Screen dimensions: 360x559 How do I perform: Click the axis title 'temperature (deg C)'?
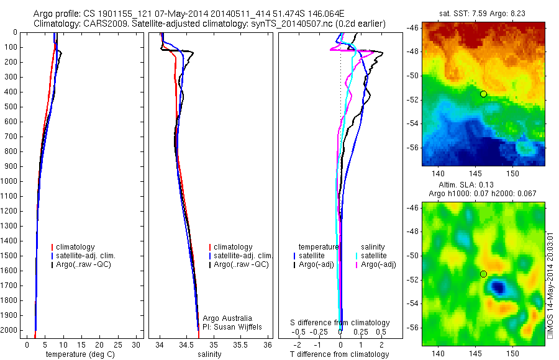click(x=79, y=354)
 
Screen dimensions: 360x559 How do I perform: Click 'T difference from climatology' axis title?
click(x=340, y=354)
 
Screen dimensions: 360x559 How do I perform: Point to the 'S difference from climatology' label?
click(x=340, y=323)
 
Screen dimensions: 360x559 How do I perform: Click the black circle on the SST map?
click(x=483, y=94)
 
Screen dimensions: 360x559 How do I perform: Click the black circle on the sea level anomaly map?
click(x=483, y=274)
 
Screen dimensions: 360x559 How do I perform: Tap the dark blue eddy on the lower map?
click(x=498, y=287)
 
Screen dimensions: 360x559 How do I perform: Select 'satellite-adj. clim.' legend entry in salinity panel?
click(x=243, y=256)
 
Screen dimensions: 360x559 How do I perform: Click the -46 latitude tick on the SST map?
click(x=412, y=29)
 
